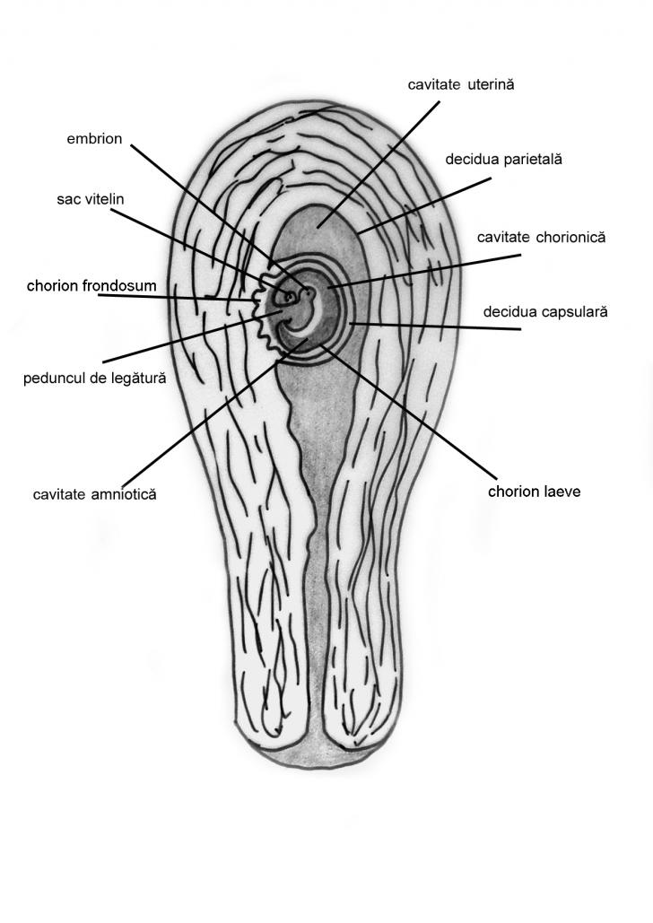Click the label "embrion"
(94, 139)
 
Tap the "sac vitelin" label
(91, 198)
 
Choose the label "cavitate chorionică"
(542, 238)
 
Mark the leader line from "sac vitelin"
(188, 237)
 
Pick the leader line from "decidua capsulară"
(431, 326)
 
